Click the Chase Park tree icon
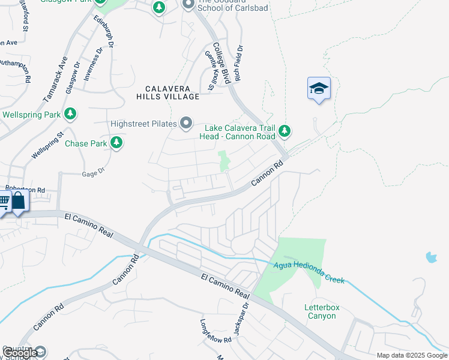(x=116, y=143)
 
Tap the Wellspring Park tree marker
(x=71, y=113)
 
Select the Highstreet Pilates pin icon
(x=186, y=124)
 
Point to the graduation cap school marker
(x=319, y=89)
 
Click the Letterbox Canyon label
(x=322, y=311)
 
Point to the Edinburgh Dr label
(x=103, y=35)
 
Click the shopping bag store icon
(x=19, y=200)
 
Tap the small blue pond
(x=431, y=258)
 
